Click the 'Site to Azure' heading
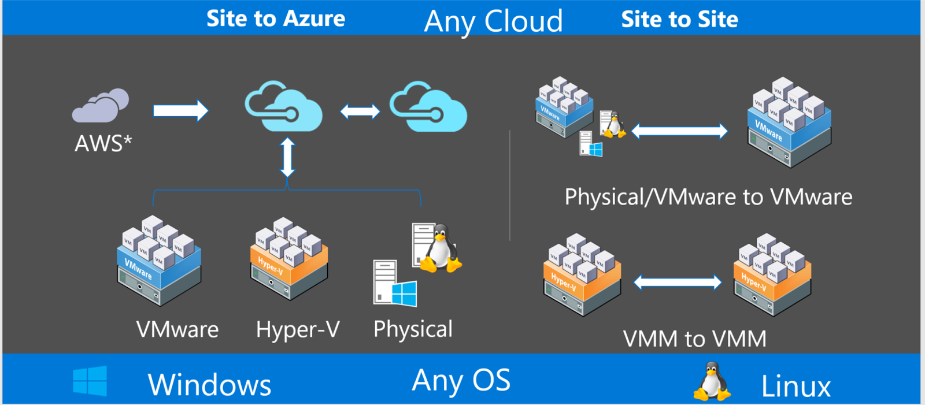pos(276,18)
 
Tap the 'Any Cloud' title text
pos(493,21)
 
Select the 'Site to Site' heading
pos(679,20)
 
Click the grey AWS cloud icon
pos(101,106)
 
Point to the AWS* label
pos(103,143)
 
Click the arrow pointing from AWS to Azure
pos(180,110)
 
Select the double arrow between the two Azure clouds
pos(360,111)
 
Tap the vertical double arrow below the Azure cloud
pos(288,157)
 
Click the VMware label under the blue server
pos(177,329)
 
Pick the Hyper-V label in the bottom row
pos(298,329)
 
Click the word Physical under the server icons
pos(413,329)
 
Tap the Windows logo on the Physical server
pos(404,293)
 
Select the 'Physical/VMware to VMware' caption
pos(708,197)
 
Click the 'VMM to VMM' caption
pos(694,339)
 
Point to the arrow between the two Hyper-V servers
pos(678,282)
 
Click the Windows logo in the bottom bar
pos(90,381)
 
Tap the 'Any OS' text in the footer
pos(461,381)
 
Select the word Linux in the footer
pos(795,386)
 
